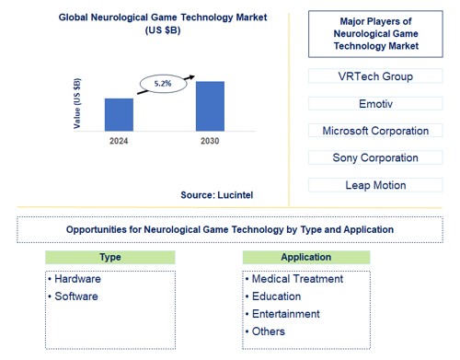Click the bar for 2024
click(119, 113)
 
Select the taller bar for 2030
click(210, 105)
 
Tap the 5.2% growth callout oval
click(161, 85)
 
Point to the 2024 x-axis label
click(119, 140)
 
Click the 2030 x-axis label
click(210, 140)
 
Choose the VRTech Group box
click(374, 76)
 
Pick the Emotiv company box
click(374, 104)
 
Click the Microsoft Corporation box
click(374, 131)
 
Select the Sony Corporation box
click(374, 157)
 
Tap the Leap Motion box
click(374, 185)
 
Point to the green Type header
click(109, 257)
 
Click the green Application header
click(307, 257)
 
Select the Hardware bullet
click(77, 279)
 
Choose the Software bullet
click(75, 296)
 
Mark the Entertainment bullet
click(284, 314)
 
